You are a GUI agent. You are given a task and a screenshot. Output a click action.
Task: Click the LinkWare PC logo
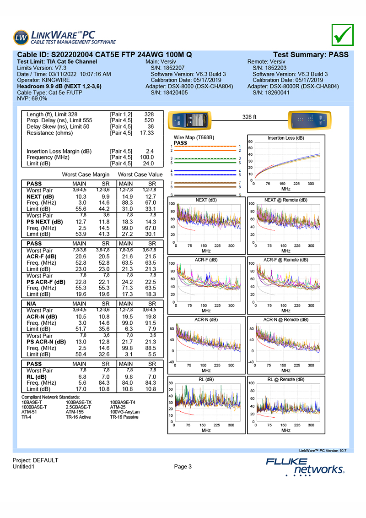point(59,37)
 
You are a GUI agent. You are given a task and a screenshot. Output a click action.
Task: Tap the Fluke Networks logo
point(305,465)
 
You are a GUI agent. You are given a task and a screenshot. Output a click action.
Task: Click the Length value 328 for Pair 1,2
point(149,114)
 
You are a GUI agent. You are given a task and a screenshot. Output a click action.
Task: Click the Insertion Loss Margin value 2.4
point(149,151)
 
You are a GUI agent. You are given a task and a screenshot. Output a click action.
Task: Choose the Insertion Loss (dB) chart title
point(286,137)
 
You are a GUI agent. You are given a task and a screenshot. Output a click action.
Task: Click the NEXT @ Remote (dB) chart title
point(286,200)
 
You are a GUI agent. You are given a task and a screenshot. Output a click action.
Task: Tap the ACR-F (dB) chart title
point(206,260)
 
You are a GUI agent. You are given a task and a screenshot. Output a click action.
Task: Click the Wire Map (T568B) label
point(192,137)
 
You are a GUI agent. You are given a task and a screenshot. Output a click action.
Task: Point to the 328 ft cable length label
point(249,117)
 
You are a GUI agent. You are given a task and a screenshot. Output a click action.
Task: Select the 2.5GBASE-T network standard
point(79,407)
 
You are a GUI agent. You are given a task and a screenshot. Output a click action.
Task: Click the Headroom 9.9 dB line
point(59,86)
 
